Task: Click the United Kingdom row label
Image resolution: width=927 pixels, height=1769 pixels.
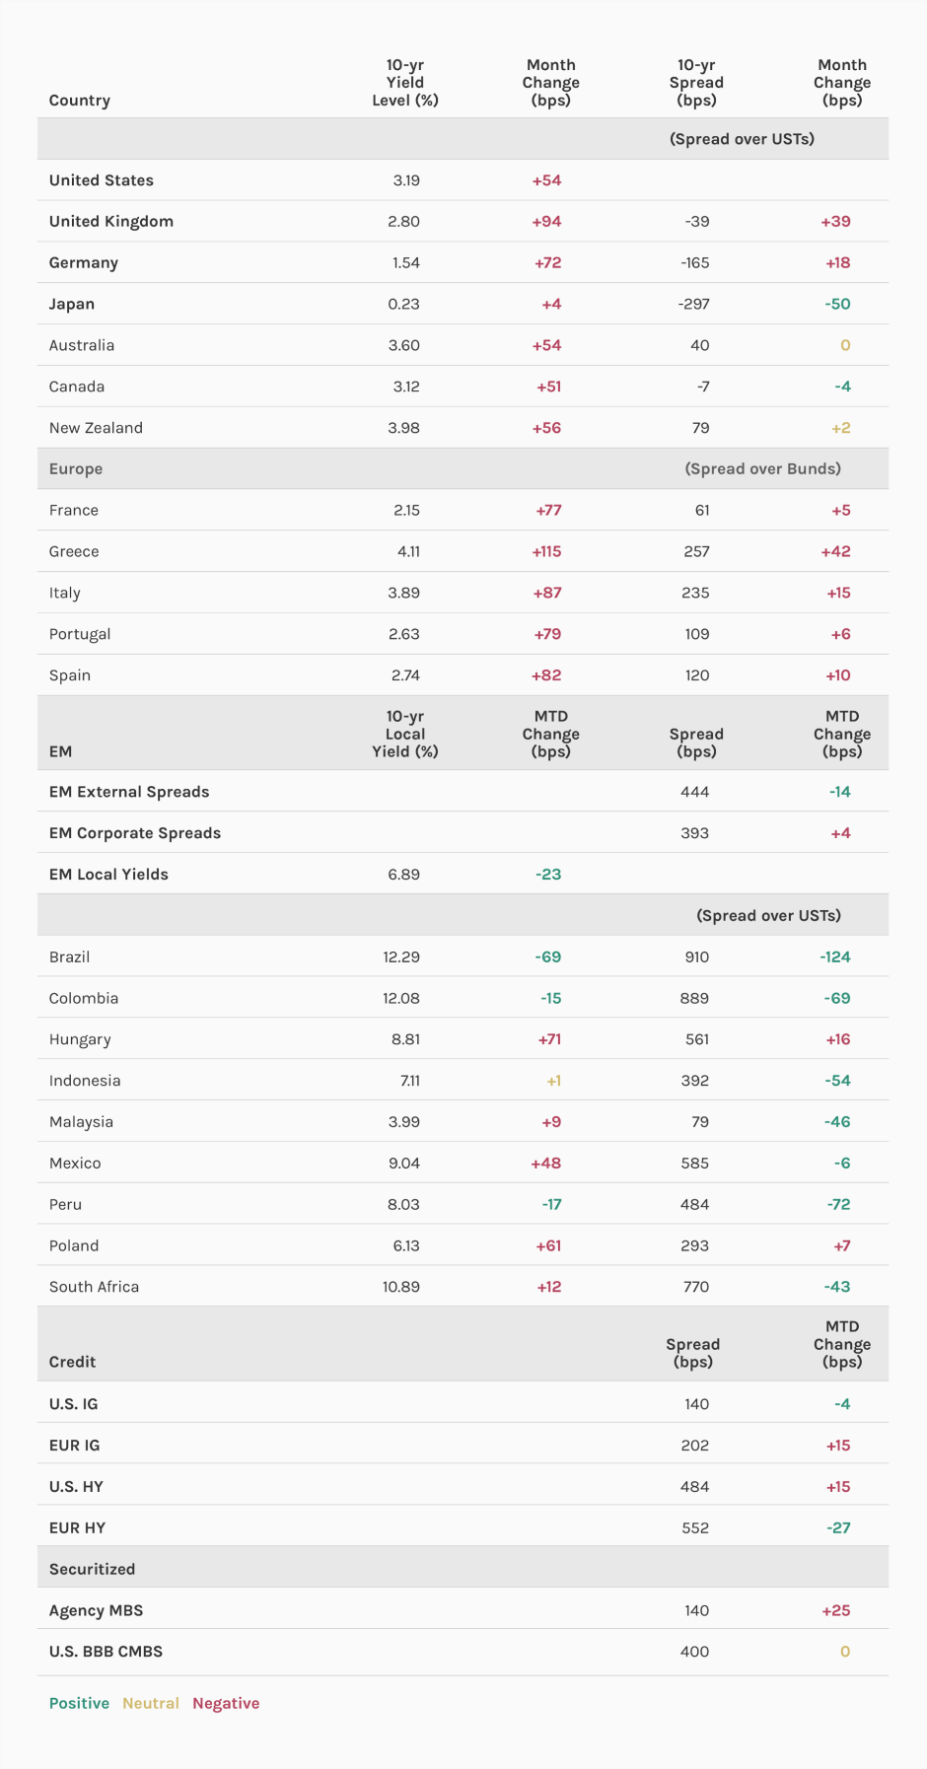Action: point(111,221)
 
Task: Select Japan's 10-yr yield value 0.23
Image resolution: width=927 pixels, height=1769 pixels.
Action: point(403,304)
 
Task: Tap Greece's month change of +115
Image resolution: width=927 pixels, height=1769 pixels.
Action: point(546,551)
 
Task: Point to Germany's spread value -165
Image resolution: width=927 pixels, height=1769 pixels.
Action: point(696,262)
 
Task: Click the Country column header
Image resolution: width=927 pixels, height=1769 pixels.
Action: point(80,101)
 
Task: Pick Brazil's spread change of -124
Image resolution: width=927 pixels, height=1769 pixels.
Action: point(835,956)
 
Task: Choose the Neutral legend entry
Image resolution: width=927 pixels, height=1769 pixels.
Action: point(151,1703)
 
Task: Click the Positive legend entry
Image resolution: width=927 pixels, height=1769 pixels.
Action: point(79,1703)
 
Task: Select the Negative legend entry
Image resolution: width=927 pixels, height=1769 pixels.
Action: point(226,1703)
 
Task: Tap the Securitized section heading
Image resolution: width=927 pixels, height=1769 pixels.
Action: point(93,1569)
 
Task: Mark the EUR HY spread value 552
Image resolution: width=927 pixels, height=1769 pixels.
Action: point(695,1527)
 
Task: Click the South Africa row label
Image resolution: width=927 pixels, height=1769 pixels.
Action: point(95,1287)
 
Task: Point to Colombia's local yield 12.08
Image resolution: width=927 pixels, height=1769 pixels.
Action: point(401,998)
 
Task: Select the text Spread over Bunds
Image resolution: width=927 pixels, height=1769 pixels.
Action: point(763,468)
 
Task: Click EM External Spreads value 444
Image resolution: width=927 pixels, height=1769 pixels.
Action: point(695,792)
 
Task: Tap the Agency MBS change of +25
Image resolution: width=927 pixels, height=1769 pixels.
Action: point(836,1610)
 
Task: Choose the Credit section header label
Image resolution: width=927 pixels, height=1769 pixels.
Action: point(73,1362)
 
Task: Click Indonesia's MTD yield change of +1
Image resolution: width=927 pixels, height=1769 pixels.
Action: point(554,1081)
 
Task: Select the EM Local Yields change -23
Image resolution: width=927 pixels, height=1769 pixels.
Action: point(548,875)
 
